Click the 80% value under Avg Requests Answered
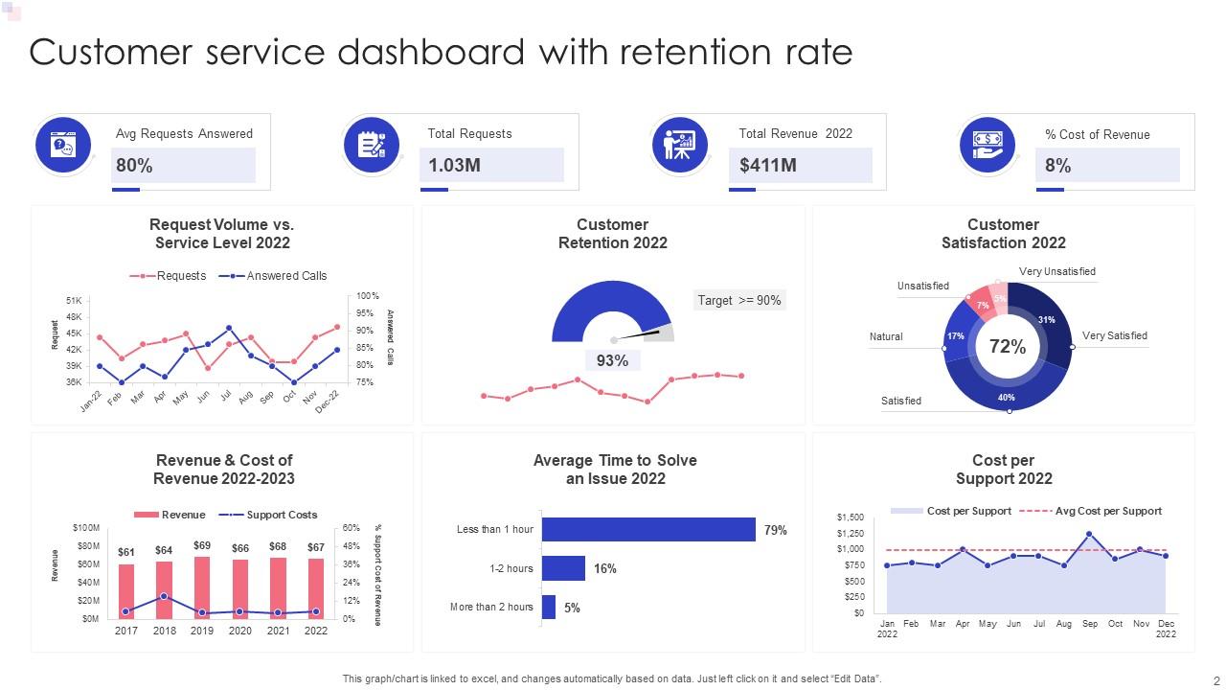pos(135,166)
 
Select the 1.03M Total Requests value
pos(454,166)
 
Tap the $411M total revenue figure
pos(768,166)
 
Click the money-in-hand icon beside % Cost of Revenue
pos(988,145)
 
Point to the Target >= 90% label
pos(738,300)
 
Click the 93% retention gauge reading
pos(612,360)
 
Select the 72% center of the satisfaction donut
pos(1007,347)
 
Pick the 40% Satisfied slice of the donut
pos(1006,396)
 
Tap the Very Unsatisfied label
pos(1056,271)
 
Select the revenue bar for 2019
pos(202,587)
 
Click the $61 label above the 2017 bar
pos(126,552)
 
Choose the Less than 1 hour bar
pos(648,530)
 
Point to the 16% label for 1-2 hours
pos(604,568)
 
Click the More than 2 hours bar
pos(549,607)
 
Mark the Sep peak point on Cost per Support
pos(1089,534)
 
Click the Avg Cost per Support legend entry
pos(1107,511)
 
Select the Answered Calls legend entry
pos(285,276)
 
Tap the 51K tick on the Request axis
pos(74,301)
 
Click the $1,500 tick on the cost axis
pos(850,517)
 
